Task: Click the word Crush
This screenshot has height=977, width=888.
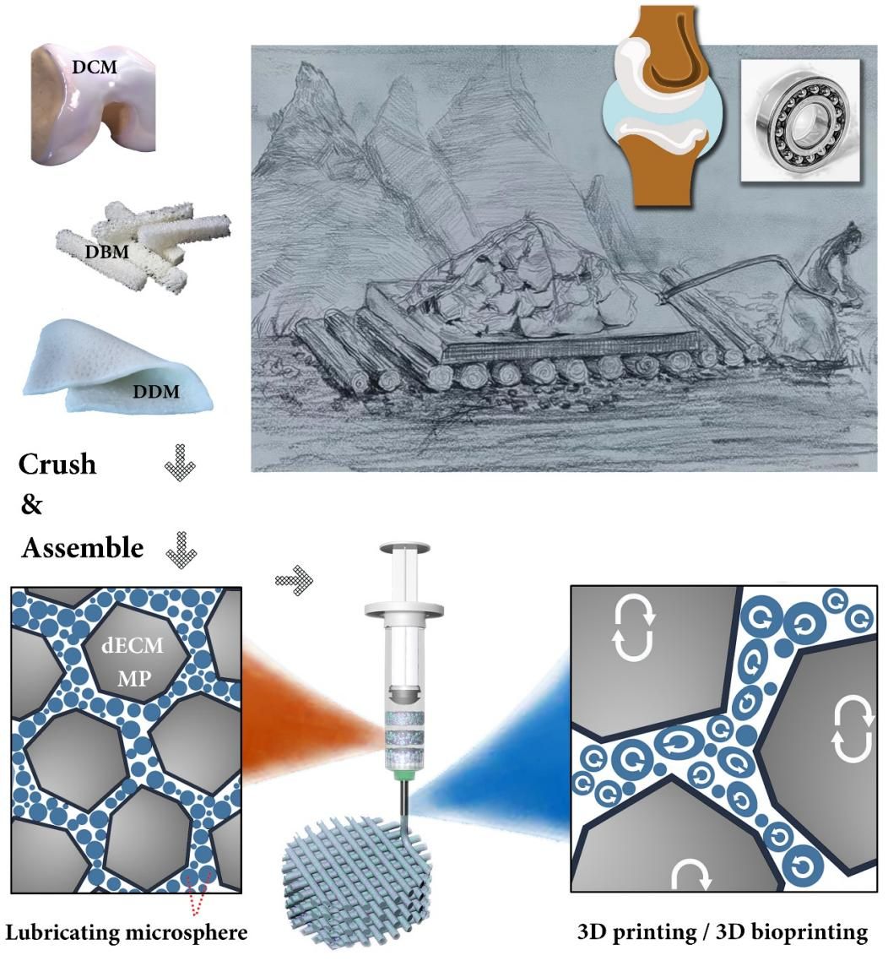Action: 57,464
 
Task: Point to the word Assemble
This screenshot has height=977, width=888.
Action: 82,548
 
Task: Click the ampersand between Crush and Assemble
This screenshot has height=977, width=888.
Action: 31,506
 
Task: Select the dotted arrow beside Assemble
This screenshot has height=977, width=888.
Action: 180,549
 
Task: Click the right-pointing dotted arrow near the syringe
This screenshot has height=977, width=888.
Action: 294,580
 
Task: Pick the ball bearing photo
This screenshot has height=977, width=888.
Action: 799,121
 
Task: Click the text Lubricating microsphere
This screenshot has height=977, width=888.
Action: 127,932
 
